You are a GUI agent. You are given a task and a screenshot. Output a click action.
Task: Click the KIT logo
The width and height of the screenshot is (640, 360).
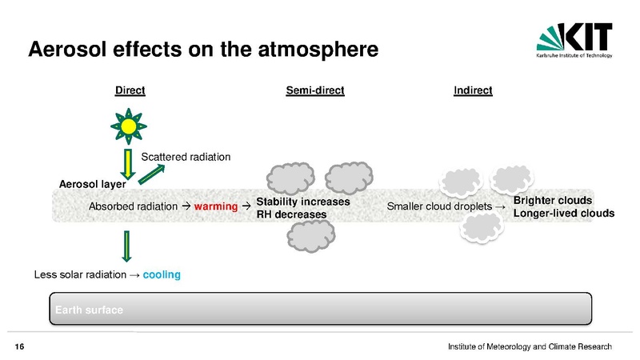pos(574,40)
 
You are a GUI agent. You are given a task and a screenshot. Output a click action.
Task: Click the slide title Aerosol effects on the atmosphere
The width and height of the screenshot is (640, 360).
pos(203,49)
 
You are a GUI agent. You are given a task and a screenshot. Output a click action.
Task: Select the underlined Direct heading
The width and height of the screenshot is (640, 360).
pos(130,90)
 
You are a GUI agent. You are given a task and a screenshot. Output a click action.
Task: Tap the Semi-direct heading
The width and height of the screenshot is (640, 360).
pos(315,90)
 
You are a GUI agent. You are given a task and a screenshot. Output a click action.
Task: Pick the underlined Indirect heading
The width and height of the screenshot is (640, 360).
pos(473,90)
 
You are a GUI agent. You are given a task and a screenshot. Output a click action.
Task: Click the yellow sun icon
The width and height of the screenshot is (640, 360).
pos(129,126)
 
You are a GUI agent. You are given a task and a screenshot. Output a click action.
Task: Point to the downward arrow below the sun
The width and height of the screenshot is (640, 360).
pos(128,164)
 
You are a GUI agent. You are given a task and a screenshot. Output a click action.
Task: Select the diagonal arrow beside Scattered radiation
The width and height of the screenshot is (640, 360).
pos(151,174)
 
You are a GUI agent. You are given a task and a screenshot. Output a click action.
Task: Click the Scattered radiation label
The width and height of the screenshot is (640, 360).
pos(186,157)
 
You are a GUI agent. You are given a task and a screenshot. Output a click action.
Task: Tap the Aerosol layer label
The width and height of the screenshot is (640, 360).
pos(92,184)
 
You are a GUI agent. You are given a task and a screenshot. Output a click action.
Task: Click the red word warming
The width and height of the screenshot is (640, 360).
pos(216,206)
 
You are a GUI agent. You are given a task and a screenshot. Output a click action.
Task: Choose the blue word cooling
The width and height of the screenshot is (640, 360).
pos(162,274)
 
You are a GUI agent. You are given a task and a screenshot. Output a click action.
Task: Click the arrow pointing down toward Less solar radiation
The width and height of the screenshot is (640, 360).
pos(127,246)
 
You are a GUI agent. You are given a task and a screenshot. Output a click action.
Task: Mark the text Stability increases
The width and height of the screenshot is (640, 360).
pos(303,202)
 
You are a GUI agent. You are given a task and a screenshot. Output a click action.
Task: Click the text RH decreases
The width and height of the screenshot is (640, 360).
pos(291,214)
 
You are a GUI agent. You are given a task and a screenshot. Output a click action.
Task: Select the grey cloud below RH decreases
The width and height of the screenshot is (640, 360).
pos(311,236)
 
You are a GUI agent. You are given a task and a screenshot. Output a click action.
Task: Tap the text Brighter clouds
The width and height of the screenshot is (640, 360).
pos(553,201)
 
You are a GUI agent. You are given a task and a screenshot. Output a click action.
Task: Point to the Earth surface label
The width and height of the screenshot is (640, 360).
pos(89,310)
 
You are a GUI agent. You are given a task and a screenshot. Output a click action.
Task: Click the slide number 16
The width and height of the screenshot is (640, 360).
pos(19,347)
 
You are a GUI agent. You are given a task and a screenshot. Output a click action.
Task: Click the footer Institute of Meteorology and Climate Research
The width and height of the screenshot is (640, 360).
pos(530,346)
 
